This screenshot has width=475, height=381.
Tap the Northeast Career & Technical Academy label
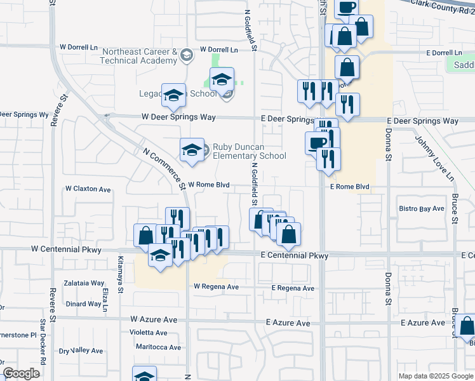point(138,56)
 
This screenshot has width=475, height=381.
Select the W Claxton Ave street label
point(88,189)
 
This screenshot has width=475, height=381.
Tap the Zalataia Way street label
point(84,283)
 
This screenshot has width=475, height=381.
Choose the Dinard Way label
point(84,304)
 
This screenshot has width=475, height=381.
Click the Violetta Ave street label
point(148,333)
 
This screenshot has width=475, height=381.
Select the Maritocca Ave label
point(158,347)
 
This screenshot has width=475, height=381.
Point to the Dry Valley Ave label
point(81,351)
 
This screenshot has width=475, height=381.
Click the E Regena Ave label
point(293,288)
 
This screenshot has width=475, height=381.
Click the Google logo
point(22,373)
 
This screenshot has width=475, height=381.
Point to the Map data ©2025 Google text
point(435,376)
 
